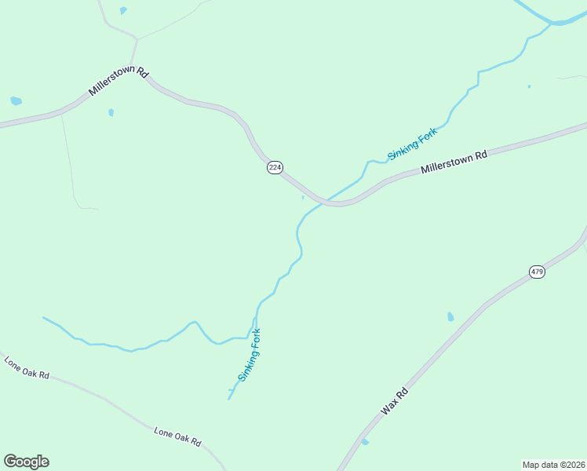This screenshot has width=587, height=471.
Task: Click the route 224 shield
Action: click(274, 168)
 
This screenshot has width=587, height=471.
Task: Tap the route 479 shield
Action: click(537, 272)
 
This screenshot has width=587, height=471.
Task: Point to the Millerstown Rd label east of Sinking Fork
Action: click(454, 161)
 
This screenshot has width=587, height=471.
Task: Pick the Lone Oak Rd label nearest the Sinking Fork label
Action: click(177, 437)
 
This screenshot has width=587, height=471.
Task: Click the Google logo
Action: click(26, 462)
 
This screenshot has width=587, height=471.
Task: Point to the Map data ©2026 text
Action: click(554, 464)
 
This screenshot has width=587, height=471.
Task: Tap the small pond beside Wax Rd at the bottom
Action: click(365, 442)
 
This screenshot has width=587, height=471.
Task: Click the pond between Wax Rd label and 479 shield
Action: click(450, 317)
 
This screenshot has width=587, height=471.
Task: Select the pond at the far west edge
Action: click(16, 101)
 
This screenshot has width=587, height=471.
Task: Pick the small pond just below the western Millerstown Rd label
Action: click(111, 112)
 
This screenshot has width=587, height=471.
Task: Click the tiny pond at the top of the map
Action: click(123, 10)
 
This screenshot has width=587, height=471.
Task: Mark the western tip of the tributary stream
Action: click(44, 318)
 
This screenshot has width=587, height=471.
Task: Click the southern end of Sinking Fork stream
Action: click(229, 399)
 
